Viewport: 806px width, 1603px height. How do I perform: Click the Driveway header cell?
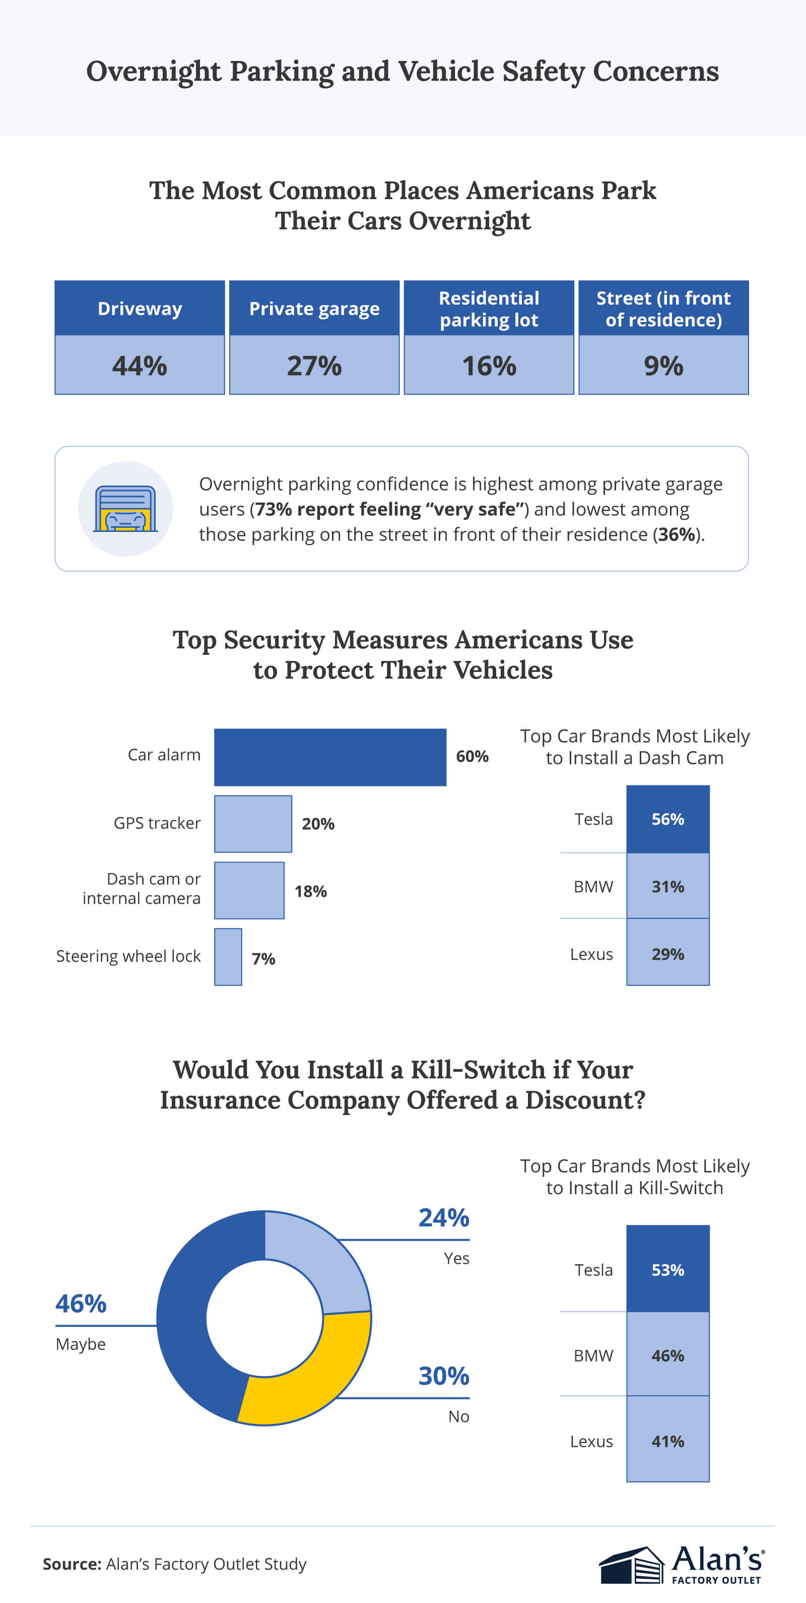140,309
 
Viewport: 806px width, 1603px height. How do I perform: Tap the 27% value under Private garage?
314,366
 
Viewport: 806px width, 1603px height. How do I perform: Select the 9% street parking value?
663,366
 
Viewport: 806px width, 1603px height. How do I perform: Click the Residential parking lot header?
489,309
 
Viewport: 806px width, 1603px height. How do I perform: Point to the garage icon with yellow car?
125,509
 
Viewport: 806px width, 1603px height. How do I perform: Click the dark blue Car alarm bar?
329,757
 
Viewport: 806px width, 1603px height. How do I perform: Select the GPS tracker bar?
252,823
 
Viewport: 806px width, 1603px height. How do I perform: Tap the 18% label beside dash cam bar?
310,891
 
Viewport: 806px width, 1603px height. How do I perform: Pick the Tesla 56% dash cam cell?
667,819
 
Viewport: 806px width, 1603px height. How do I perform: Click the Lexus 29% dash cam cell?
667,954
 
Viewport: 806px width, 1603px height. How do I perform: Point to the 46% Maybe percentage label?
81,1304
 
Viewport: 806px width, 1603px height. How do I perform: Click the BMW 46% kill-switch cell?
667,1355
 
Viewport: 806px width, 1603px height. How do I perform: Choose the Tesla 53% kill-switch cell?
667,1269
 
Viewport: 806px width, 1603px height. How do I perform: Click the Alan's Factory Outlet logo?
682,1565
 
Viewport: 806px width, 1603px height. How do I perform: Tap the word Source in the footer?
71,1564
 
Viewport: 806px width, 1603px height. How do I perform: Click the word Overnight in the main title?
153,72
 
